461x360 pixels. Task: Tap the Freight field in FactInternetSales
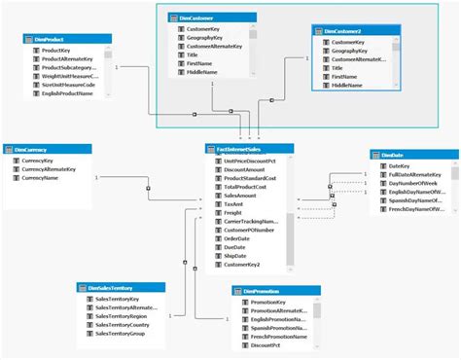click(x=232, y=213)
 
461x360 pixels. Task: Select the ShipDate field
click(x=234, y=256)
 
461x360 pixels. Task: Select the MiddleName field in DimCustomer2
click(x=348, y=88)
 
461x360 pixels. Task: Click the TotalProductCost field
click(x=243, y=187)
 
